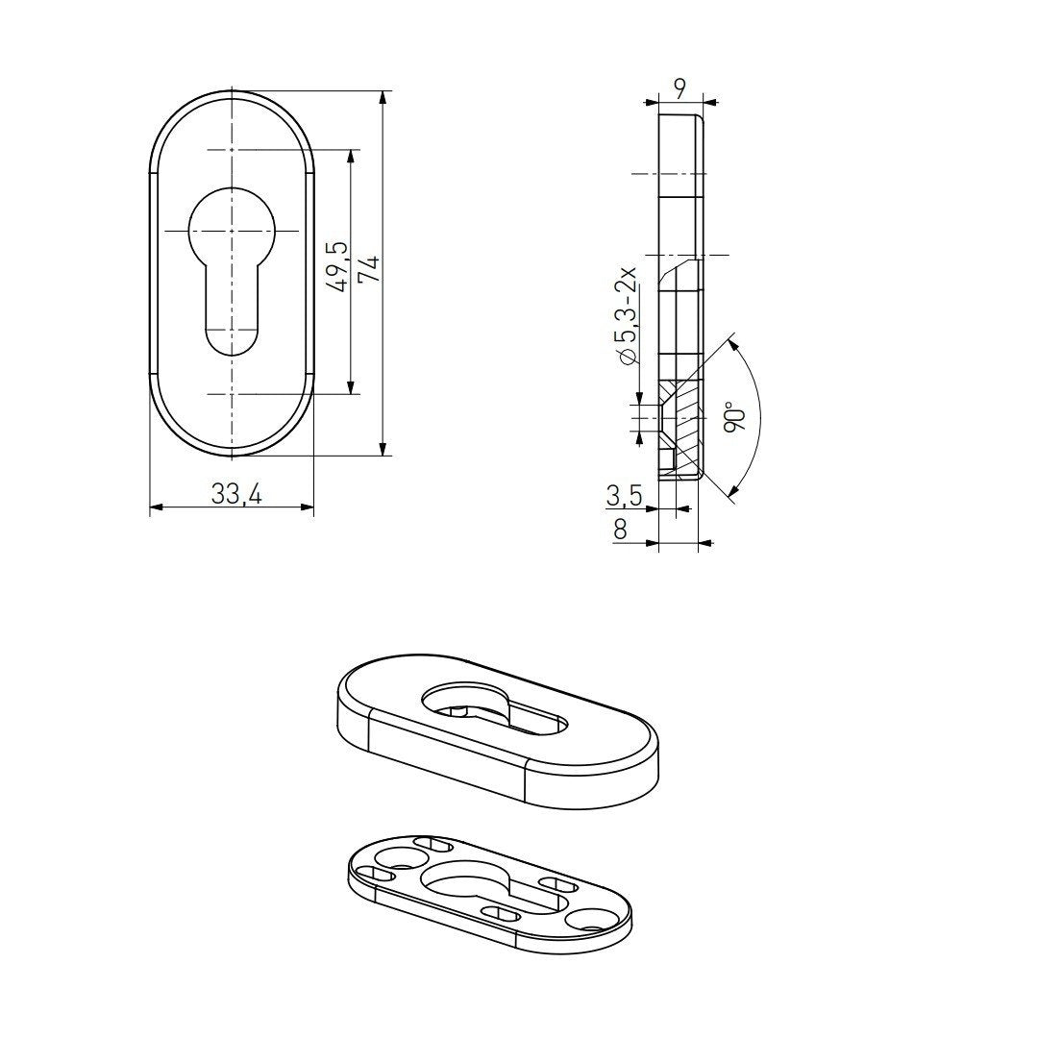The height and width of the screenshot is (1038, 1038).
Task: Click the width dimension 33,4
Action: pos(236,494)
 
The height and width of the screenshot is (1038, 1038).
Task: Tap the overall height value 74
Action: pos(368,268)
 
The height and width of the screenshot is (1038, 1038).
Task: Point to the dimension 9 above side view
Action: pos(680,88)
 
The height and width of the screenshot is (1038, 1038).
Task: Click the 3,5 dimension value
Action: pos(624,496)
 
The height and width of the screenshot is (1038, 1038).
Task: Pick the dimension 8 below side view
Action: pos(620,529)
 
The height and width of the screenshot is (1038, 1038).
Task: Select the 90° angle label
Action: pos(735,417)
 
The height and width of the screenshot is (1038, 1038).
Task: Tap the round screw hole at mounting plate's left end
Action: pos(394,856)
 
